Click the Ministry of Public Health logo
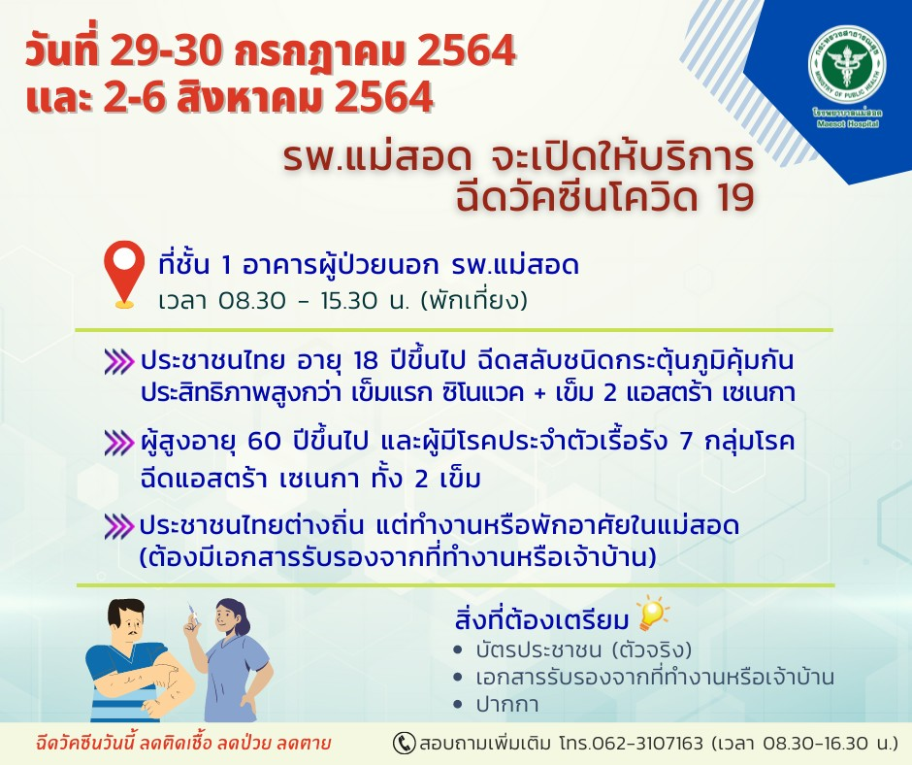click(846, 75)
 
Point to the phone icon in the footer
click(404, 744)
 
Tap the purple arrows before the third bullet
click(119, 527)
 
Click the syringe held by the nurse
click(192, 617)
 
